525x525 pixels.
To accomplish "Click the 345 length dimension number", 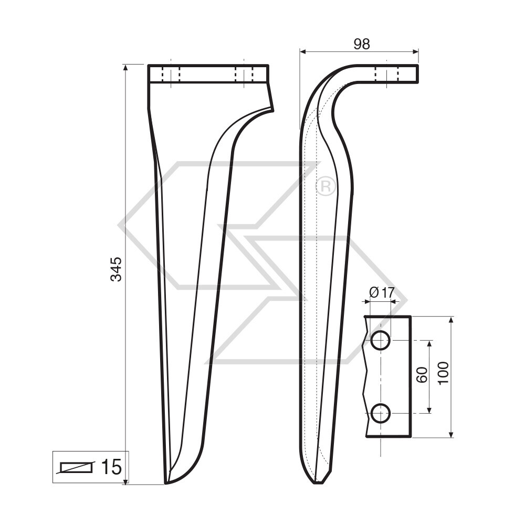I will click(x=116, y=269).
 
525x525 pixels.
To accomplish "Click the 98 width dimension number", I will click(x=361, y=44).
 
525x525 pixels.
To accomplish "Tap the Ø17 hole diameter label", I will click(x=382, y=293).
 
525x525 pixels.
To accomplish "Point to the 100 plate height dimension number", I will click(x=443, y=373).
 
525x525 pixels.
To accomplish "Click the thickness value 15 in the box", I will click(x=111, y=466).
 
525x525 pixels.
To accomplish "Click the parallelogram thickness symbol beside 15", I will click(x=77, y=467).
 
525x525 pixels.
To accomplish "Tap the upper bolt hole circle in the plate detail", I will click(x=380, y=341).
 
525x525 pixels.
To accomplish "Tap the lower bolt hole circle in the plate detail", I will click(x=380, y=414).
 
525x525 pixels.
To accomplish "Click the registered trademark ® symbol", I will click(x=325, y=186).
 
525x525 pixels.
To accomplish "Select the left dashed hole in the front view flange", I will click(x=171, y=74).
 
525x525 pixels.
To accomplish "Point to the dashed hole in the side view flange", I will click(x=387, y=74).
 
